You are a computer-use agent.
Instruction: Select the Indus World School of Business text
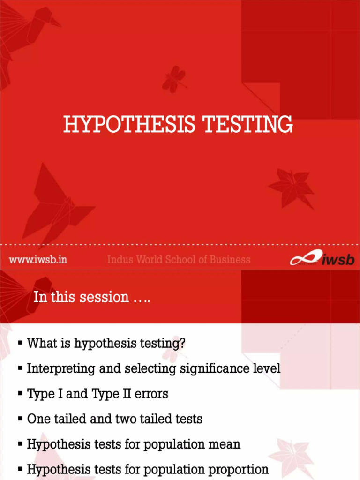pyautogui.click(x=179, y=259)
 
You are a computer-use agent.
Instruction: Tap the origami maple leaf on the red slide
pyautogui.click(x=291, y=187)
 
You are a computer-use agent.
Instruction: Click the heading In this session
pyautogui.click(x=92, y=297)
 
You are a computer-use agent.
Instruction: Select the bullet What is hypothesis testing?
pyautogui.click(x=106, y=343)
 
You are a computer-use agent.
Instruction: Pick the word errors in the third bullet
pyautogui.click(x=151, y=394)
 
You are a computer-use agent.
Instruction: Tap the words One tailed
pyautogui.click(x=56, y=419)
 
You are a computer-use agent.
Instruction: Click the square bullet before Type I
pyautogui.click(x=20, y=394)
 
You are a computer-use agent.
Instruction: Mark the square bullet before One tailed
pyautogui.click(x=20, y=419)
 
